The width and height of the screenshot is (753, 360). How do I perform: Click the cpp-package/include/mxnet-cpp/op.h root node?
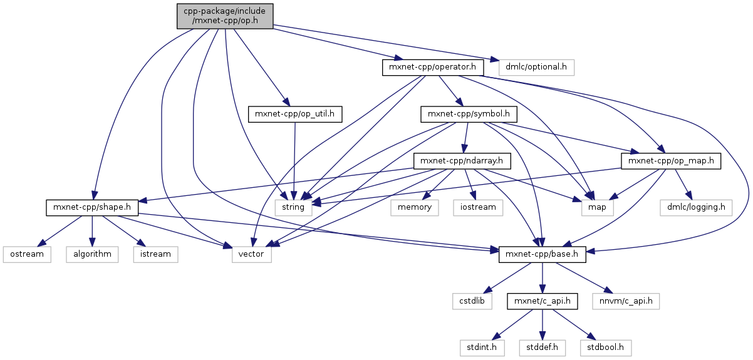[225, 15]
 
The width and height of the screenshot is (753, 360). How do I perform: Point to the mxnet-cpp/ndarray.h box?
[462, 161]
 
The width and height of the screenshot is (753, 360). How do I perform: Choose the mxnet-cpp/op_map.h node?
[671, 161]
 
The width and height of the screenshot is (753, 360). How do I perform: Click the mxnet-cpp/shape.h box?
[92, 207]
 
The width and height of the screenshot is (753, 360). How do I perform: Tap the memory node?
[414, 207]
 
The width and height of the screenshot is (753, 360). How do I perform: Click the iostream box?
[478, 207]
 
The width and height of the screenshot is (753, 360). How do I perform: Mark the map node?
[598, 207]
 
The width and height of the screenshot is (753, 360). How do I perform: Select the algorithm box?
[91, 254]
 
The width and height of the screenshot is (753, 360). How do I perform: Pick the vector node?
[251, 254]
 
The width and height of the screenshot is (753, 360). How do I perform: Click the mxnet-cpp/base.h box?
[543, 254]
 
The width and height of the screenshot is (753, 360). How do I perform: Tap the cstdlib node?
[472, 301]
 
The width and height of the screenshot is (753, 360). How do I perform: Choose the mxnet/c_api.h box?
[543, 301]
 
